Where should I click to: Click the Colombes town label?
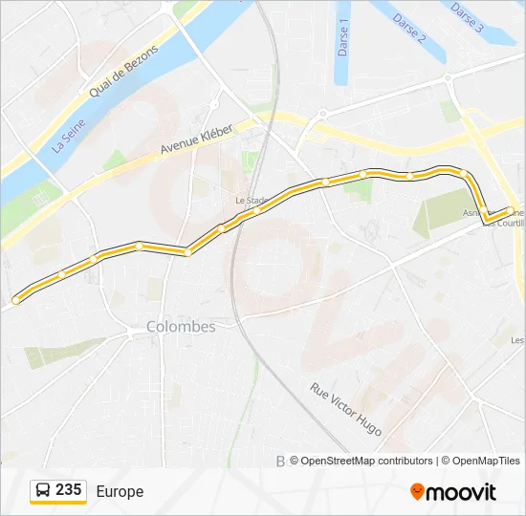click(181, 326)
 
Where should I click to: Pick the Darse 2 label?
click(407, 28)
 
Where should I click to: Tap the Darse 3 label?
click(467, 16)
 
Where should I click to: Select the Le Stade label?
click(251, 201)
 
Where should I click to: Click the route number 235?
click(68, 490)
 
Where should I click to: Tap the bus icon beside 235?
click(43, 491)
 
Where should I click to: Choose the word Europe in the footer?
click(120, 491)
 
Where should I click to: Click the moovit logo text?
click(461, 492)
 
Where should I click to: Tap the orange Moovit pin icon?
click(417, 491)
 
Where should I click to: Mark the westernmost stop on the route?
click(16, 301)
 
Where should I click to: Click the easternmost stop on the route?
click(508, 211)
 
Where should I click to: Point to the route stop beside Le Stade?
click(258, 210)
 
